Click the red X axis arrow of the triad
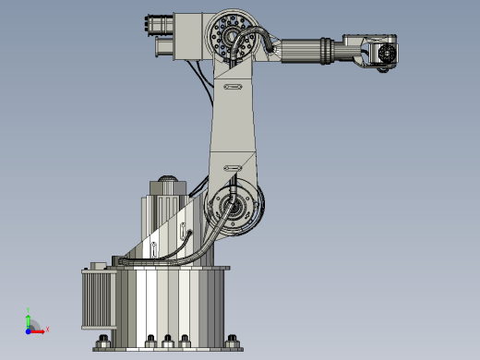38,329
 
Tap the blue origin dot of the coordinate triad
29,329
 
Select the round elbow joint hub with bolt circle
228,35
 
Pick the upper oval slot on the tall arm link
231,86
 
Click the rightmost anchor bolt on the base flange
234,339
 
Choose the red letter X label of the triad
46,329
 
